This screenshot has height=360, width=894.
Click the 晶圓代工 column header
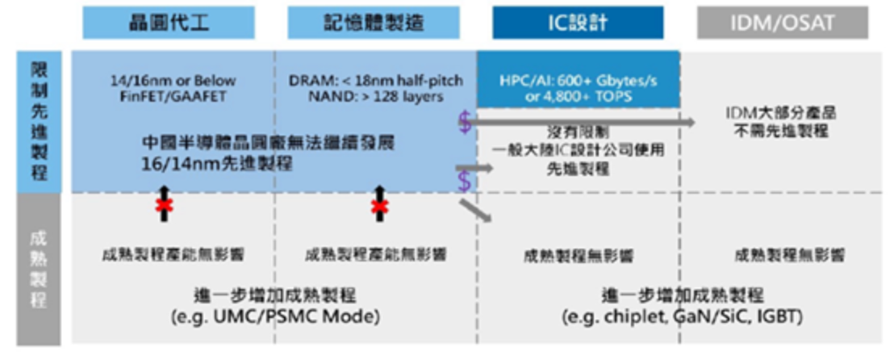pyautogui.click(x=168, y=22)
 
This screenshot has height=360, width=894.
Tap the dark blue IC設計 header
pyautogui.click(x=578, y=22)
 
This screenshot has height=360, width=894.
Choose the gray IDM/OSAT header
pyautogui.click(x=783, y=22)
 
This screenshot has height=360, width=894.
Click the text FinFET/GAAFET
pyautogui.click(x=173, y=96)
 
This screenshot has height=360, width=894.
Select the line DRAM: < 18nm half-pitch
pyautogui.click(x=373, y=81)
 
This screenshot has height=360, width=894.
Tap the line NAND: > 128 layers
pyautogui.click(x=373, y=96)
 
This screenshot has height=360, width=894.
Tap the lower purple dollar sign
pyautogui.click(x=464, y=182)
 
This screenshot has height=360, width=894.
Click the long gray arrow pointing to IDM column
pyautogui.click(x=581, y=121)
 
